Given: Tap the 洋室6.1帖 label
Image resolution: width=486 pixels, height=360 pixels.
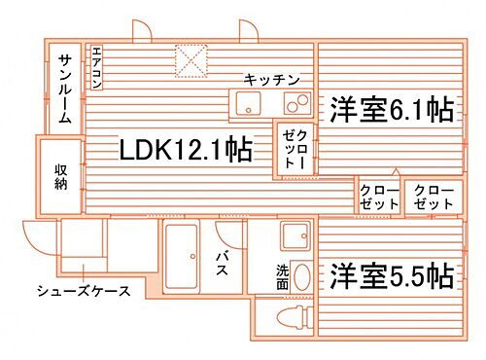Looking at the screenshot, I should (x=390, y=109).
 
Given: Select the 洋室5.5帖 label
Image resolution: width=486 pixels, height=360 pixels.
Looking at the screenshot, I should (x=390, y=274).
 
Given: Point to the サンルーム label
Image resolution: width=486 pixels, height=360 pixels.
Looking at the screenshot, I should (x=63, y=89).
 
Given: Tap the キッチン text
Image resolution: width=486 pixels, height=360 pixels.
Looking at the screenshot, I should (x=271, y=79).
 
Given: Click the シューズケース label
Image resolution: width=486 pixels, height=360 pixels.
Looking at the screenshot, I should (x=84, y=290).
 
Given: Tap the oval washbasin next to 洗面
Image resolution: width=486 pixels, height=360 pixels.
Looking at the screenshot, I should (x=301, y=276).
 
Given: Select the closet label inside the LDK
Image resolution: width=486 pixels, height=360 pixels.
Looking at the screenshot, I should (x=296, y=151).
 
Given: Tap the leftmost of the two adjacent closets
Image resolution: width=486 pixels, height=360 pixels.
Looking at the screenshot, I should (x=378, y=197).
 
